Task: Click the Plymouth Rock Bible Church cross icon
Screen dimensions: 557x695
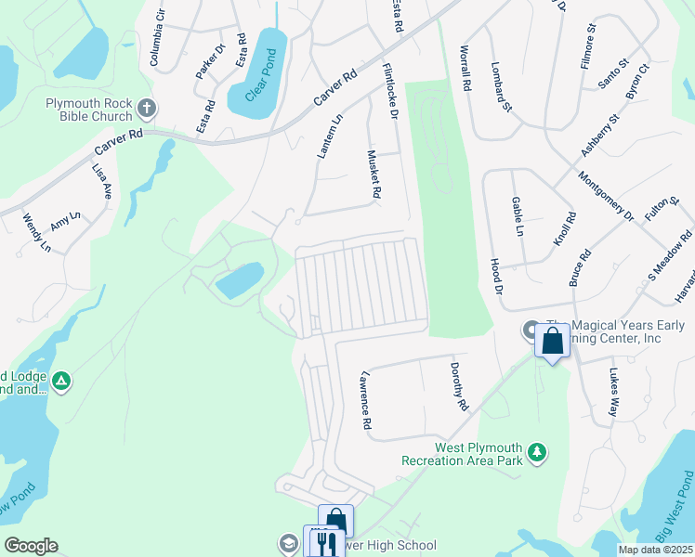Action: click(x=146, y=109)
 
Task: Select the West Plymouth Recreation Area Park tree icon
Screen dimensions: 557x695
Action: click(x=536, y=452)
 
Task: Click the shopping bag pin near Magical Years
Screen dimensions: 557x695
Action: click(x=553, y=341)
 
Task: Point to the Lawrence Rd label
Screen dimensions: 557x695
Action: click(x=367, y=401)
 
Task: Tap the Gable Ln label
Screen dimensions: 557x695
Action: click(x=518, y=216)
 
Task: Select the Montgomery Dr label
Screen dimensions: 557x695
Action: click(x=606, y=196)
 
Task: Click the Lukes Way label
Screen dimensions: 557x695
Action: click(x=613, y=393)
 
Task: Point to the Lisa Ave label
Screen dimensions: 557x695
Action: click(x=101, y=182)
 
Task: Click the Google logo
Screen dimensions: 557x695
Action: click(x=31, y=546)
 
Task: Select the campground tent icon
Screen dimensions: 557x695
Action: click(x=61, y=381)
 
